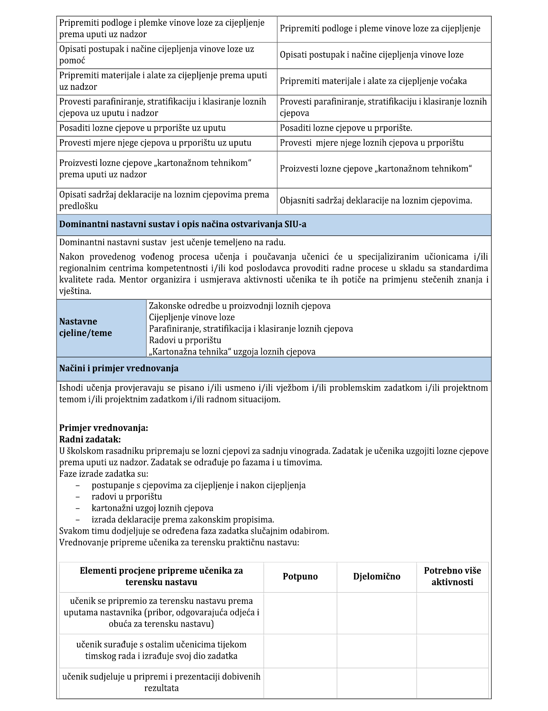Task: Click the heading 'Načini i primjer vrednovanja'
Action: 119,368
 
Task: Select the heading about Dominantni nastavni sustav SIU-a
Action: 183,224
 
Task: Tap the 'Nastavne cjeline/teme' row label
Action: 86,327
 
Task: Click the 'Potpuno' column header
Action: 300,576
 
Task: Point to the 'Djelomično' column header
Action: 376,576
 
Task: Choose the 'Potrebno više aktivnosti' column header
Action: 452,576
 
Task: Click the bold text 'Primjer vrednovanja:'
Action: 104,428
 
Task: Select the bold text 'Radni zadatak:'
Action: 90,439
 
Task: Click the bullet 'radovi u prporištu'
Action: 127,497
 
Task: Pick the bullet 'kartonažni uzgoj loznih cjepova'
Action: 152,508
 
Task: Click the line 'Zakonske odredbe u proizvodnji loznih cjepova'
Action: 240,306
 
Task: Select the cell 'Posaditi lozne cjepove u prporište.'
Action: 346,128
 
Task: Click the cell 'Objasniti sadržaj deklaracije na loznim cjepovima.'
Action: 376,201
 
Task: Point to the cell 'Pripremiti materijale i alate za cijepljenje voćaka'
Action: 373,81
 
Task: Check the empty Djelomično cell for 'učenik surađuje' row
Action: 376,650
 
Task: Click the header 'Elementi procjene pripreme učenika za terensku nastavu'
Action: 161,576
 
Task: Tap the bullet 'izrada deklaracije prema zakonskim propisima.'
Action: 183,520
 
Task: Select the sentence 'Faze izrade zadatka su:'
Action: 104,474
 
